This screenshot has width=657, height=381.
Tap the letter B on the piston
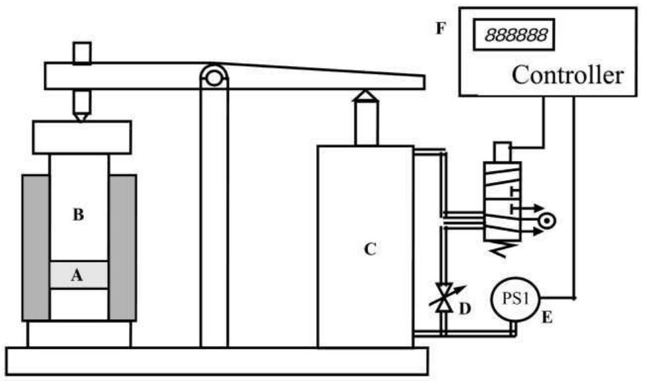point(78,215)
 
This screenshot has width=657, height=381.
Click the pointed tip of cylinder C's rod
point(365,94)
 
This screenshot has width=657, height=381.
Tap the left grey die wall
point(35,247)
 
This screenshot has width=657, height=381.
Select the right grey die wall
point(123,247)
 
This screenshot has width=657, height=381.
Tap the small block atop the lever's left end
point(81,52)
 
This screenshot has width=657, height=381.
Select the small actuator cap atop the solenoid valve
point(503,151)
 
